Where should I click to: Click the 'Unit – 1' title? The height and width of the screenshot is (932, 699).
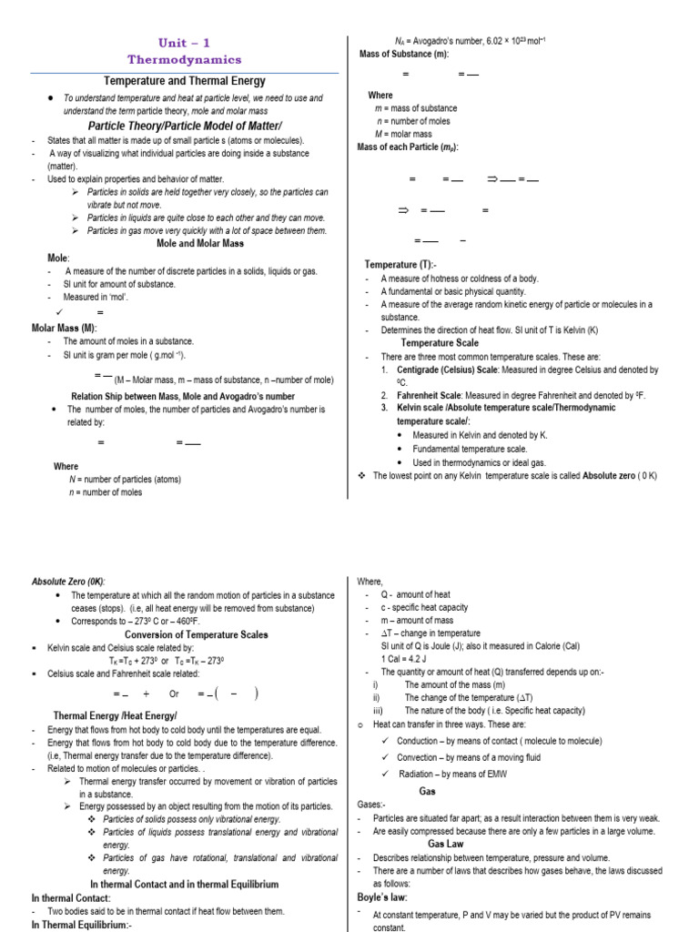point(185,42)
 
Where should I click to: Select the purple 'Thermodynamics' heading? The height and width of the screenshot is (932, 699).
point(185,59)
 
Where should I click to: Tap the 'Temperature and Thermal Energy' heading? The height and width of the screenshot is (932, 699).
point(185,81)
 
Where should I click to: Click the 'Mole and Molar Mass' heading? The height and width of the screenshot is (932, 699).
point(200,244)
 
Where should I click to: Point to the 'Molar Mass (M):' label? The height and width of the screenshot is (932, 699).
point(64,327)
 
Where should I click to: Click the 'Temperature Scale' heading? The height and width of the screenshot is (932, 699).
point(441,343)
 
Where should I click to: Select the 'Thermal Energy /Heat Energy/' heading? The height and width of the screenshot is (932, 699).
point(115,716)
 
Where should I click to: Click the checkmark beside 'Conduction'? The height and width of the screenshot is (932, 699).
point(386,741)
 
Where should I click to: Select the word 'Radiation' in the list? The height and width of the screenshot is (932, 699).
point(420,774)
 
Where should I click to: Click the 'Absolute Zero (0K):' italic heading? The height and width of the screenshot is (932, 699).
point(68,582)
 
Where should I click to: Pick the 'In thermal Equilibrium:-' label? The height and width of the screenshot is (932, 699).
point(82,925)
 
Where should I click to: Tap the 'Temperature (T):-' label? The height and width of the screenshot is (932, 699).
point(401,264)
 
